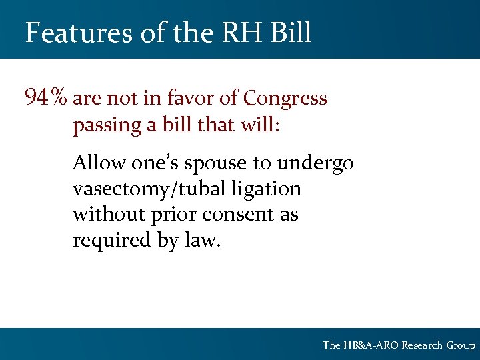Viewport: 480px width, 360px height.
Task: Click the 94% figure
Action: [x=45, y=99]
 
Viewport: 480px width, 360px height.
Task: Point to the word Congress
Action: [x=285, y=99]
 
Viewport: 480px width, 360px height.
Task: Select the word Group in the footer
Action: [x=461, y=345]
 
